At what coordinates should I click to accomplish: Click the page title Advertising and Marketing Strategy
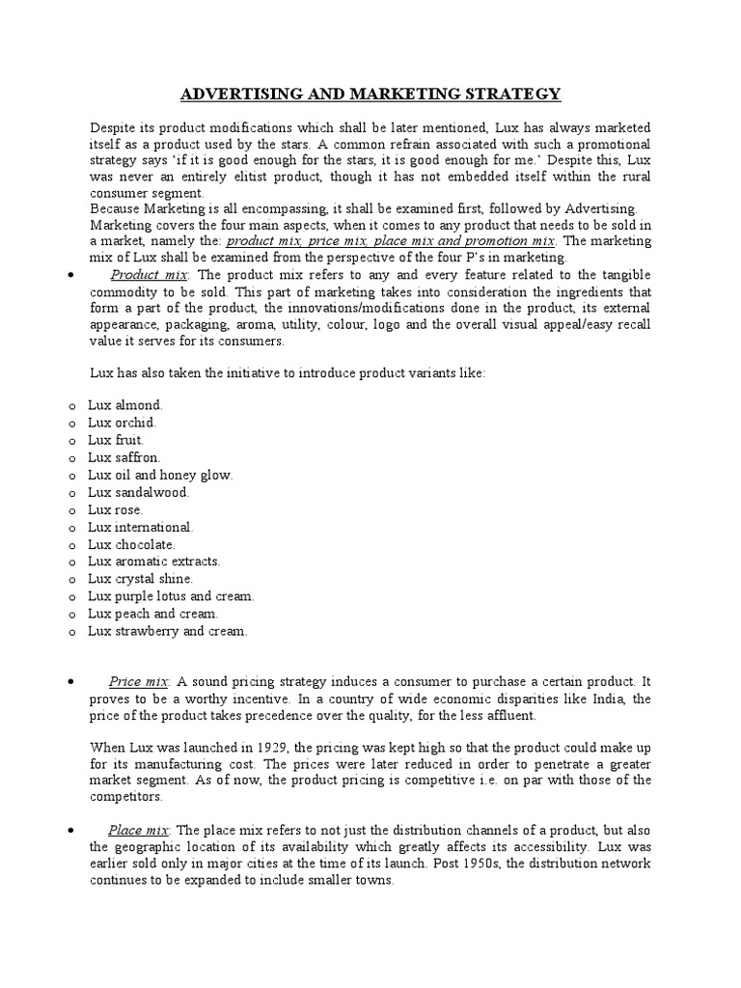pos(370,94)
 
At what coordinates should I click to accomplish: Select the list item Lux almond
pos(125,405)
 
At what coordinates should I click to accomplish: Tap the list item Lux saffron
pos(125,457)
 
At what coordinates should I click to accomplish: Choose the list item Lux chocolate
pos(131,544)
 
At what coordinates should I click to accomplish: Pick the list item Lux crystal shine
pos(141,579)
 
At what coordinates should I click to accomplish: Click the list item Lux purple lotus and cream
pos(171,596)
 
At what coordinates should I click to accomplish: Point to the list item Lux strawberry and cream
pos(168,631)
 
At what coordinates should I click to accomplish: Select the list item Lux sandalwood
pos(138,492)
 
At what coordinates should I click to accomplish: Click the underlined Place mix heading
pos(139,830)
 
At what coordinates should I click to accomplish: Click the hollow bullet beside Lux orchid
pos(72,424)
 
